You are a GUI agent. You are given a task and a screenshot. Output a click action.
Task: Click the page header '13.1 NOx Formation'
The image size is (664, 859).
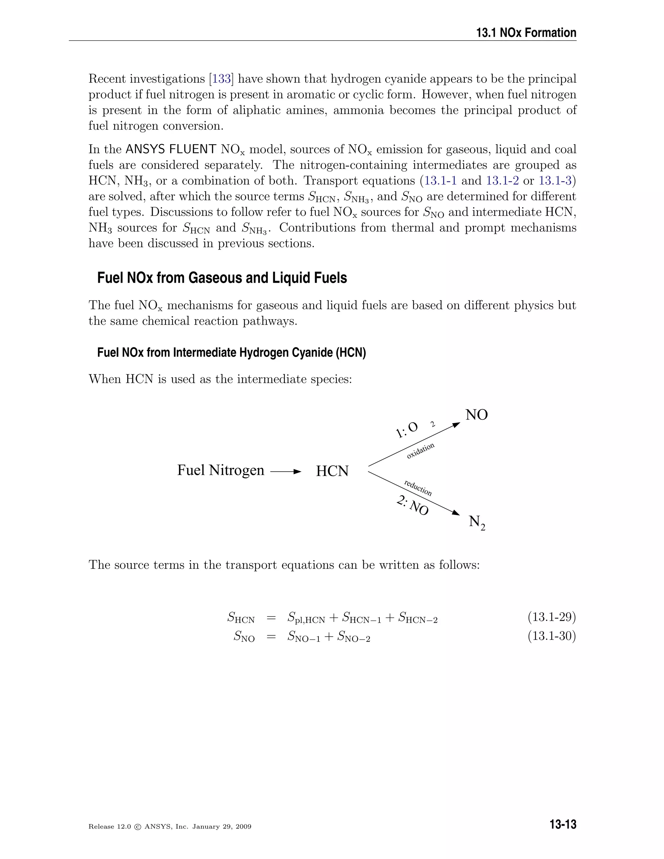tap(526, 33)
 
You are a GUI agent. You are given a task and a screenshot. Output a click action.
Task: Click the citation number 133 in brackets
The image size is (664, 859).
tap(221, 79)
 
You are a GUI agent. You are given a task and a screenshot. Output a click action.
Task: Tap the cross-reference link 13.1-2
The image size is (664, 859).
tap(502, 181)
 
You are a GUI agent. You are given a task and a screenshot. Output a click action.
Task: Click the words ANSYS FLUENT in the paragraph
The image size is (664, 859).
tap(171, 149)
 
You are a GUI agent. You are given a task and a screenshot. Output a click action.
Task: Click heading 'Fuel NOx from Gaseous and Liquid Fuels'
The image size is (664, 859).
tap(222, 278)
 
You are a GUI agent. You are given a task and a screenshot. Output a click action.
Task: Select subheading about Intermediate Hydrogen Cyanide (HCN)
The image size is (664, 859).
tap(231, 352)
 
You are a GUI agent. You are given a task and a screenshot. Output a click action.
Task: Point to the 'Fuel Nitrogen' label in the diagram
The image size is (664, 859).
tap(221, 470)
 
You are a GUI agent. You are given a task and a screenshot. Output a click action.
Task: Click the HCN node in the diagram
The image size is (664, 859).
tap(332, 471)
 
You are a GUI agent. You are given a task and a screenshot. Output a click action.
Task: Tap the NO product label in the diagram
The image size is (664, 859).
tap(476, 415)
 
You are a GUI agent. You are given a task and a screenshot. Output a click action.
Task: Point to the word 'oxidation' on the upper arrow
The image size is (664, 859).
tap(421, 451)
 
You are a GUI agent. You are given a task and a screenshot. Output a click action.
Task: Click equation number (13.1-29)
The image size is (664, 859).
tap(551, 617)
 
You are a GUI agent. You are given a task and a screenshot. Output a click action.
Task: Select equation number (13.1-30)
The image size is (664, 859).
tap(551, 636)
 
